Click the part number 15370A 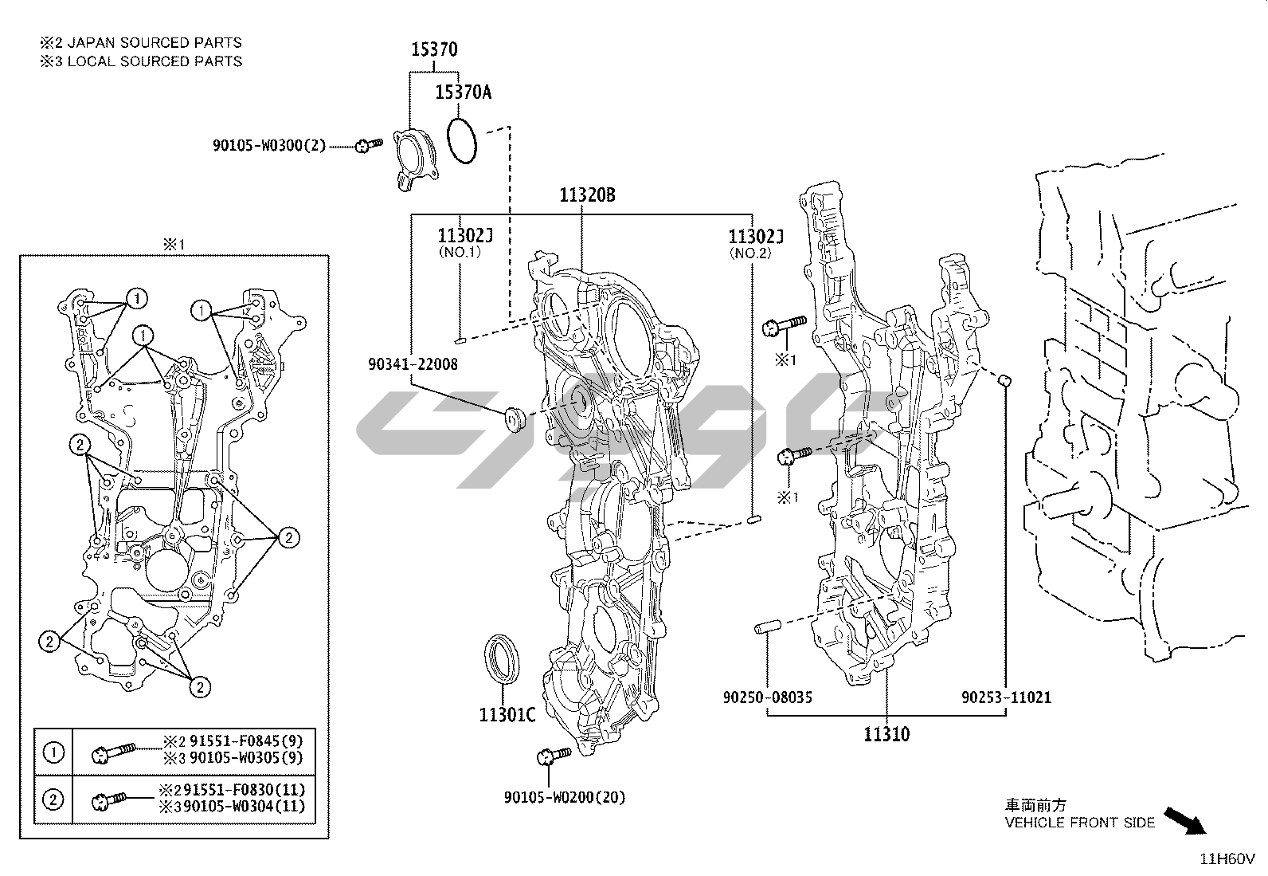[463, 92]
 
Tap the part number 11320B [587, 195]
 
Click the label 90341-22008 [413, 363]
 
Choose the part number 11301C [507, 715]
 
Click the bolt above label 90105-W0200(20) [553, 756]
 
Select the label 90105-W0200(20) [565, 797]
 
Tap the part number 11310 [886, 734]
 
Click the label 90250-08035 [767, 697]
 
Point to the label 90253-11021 [1006, 697]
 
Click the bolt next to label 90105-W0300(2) [369, 146]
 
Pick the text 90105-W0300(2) [269, 146]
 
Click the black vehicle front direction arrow [1185, 821]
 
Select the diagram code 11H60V [1227, 859]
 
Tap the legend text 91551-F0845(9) [245, 740]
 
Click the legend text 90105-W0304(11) [245, 806]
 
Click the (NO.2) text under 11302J [750, 253]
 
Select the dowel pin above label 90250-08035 [768, 627]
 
